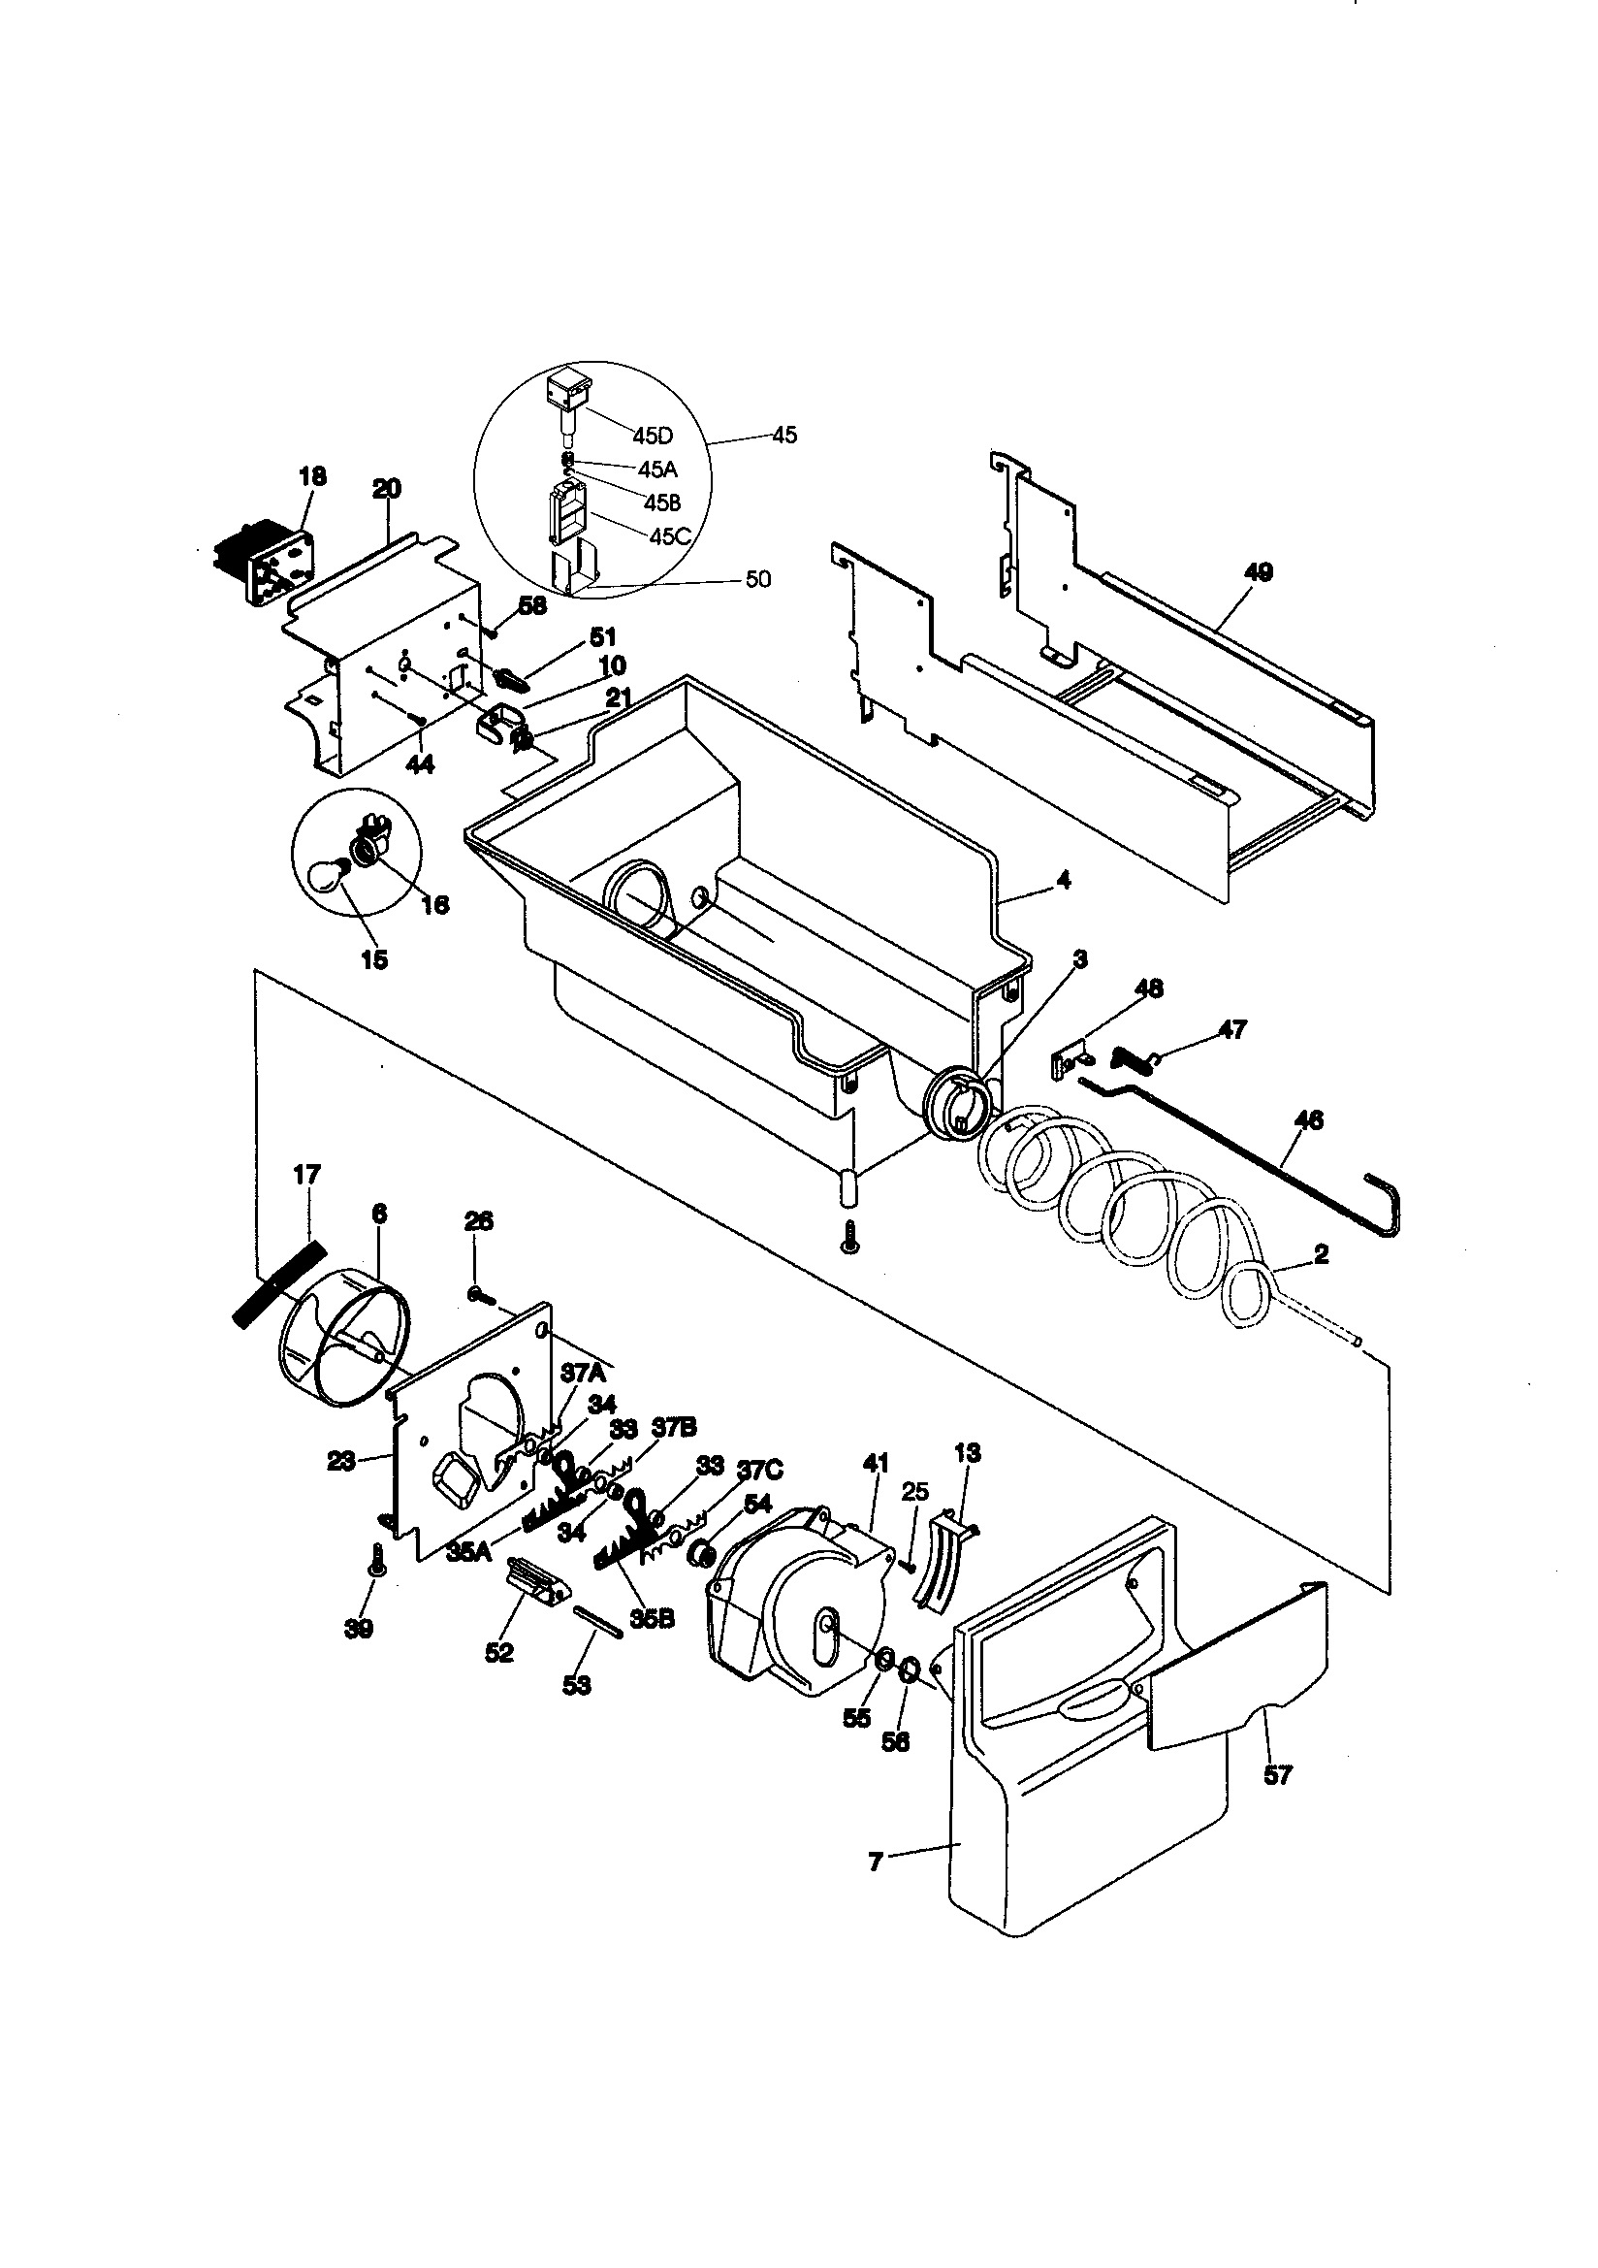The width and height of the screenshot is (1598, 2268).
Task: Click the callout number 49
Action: [x=1259, y=572]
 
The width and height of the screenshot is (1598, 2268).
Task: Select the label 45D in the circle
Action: [x=652, y=437]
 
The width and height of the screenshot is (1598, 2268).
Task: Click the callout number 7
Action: [x=875, y=1862]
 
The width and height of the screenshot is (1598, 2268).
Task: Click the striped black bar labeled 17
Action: [x=278, y=1284]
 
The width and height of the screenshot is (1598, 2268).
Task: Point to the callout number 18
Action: [x=312, y=476]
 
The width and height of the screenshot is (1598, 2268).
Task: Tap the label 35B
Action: [x=652, y=1619]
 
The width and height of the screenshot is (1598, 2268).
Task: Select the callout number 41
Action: [x=875, y=1462]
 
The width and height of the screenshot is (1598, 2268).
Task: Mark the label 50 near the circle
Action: [x=757, y=579]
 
